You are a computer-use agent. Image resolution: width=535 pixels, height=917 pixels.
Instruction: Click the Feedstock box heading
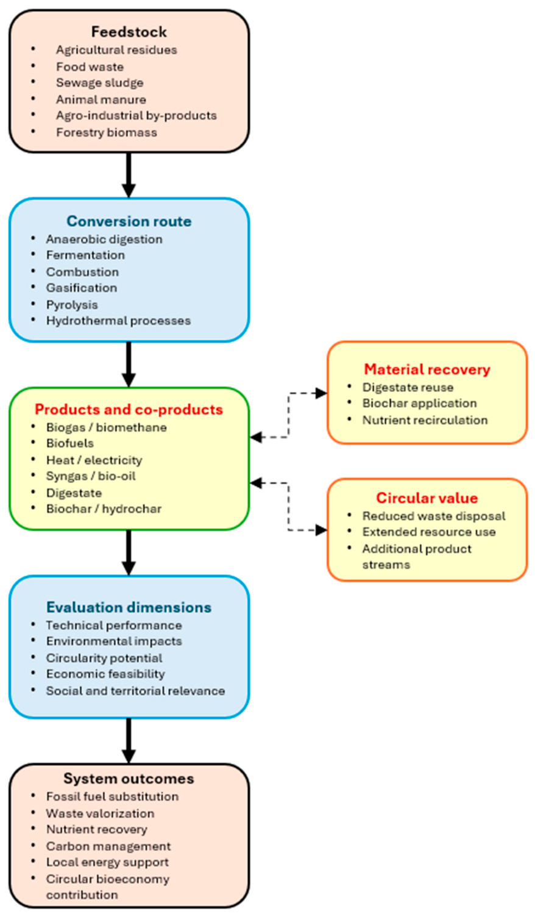tap(129, 32)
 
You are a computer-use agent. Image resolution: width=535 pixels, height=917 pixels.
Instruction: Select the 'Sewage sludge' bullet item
tap(100, 83)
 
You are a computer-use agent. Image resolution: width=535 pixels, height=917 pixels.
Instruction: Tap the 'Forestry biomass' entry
tap(107, 132)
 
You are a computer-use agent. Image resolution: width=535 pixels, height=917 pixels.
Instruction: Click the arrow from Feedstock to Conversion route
tap(129, 175)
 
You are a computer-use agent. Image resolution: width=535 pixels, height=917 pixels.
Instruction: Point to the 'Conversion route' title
tap(129, 221)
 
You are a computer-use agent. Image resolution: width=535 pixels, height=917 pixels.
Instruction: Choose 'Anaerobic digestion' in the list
tap(104, 239)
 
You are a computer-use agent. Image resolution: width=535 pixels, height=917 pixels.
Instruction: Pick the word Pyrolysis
tap(72, 305)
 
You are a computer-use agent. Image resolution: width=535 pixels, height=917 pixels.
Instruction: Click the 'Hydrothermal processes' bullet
tap(119, 321)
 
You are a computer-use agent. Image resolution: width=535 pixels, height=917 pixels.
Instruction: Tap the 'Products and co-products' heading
tap(129, 409)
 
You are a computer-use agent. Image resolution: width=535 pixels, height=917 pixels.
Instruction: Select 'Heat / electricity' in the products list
tap(94, 460)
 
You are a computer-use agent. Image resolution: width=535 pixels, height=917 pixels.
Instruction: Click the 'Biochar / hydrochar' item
tap(104, 509)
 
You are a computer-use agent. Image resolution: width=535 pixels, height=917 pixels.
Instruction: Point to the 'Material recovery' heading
tap(427, 369)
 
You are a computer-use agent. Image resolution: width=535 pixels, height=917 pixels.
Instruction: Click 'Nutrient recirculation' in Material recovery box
tap(425, 420)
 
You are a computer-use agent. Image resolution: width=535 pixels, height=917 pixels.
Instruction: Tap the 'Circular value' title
tap(427, 498)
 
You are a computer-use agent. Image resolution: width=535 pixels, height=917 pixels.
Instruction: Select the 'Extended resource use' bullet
tap(429, 532)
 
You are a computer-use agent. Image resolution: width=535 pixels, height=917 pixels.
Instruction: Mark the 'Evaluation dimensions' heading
tap(129, 607)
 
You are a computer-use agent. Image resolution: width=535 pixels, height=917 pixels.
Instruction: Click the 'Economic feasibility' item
tap(105, 674)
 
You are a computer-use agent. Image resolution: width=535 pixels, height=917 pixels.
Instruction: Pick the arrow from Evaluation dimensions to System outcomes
tap(129, 741)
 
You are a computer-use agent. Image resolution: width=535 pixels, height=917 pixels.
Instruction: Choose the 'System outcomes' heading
tap(129, 779)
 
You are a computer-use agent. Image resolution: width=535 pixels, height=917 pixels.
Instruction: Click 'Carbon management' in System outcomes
tap(108, 846)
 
